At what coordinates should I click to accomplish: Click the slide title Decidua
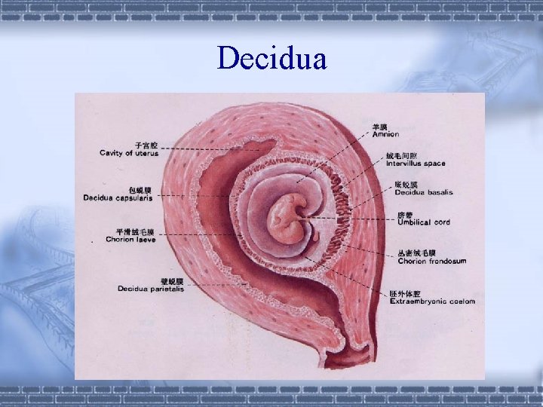pyautogui.click(x=271, y=57)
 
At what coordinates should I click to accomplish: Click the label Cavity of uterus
pyautogui.click(x=129, y=153)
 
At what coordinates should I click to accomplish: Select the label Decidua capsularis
pyautogui.click(x=118, y=198)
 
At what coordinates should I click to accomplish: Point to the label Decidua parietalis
pyautogui.click(x=150, y=288)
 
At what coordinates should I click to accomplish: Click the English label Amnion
pyautogui.click(x=385, y=134)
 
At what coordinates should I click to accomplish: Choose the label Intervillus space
pyautogui.click(x=416, y=164)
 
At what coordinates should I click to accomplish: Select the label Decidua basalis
pyautogui.click(x=424, y=192)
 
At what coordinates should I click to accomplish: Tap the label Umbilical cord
pyautogui.click(x=423, y=222)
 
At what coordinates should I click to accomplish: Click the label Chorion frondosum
pyautogui.click(x=431, y=262)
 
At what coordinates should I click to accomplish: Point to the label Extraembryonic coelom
pyautogui.click(x=432, y=301)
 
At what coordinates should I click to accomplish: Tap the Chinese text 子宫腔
pyautogui.click(x=146, y=145)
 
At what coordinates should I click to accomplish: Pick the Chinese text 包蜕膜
pyautogui.click(x=141, y=190)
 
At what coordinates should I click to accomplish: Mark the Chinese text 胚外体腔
pyautogui.click(x=405, y=293)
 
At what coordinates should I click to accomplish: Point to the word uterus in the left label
pyautogui.click(x=146, y=153)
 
